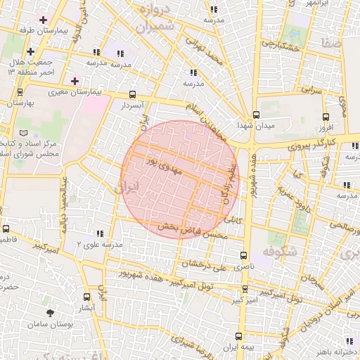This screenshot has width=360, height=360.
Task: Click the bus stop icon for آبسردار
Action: click(x=133, y=94)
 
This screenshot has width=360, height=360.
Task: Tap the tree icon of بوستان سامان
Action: click(x=50, y=313)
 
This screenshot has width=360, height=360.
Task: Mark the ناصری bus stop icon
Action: click(x=244, y=255)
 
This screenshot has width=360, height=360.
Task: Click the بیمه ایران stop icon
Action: click(x=239, y=336)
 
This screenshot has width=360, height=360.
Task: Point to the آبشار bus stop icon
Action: click(x=86, y=297)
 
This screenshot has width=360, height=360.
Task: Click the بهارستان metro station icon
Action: click(x=19, y=91)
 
